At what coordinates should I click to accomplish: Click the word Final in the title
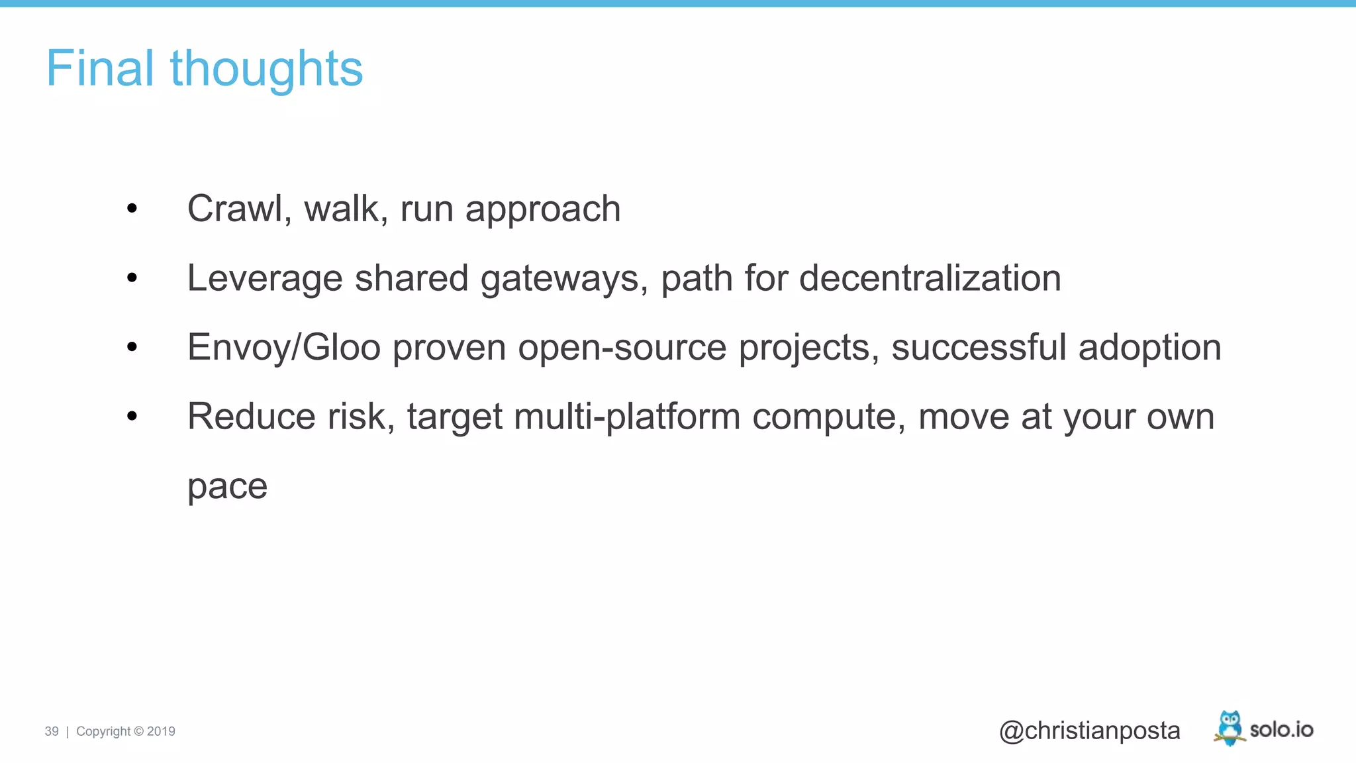pyautogui.click(x=100, y=68)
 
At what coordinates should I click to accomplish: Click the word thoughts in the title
pyautogui.click(x=266, y=70)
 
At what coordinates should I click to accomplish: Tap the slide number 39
pyautogui.click(x=52, y=731)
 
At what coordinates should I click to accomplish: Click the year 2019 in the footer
pyautogui.click(x=161, y=731)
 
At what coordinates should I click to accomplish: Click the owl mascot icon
pyautogui.click(x=1230, y=728)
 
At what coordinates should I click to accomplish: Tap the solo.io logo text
pyautogui.click(x=1281, y=730)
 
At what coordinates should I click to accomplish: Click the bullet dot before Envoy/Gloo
pyautogui.click(x=132, y=346)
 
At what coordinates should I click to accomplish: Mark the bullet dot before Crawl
pyautogui.click(x=132, y=209)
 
